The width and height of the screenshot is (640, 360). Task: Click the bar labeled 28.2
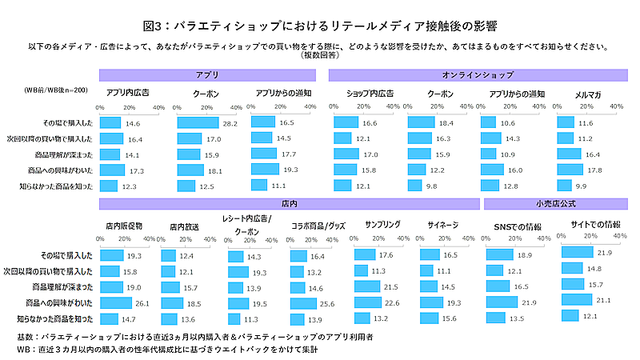tap(197, 123)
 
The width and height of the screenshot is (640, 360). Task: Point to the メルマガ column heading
tap(588, 94)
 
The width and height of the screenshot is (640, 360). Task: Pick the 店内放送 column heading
tap(184, 226)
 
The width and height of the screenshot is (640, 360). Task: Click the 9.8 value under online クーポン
tap(432, 186)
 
